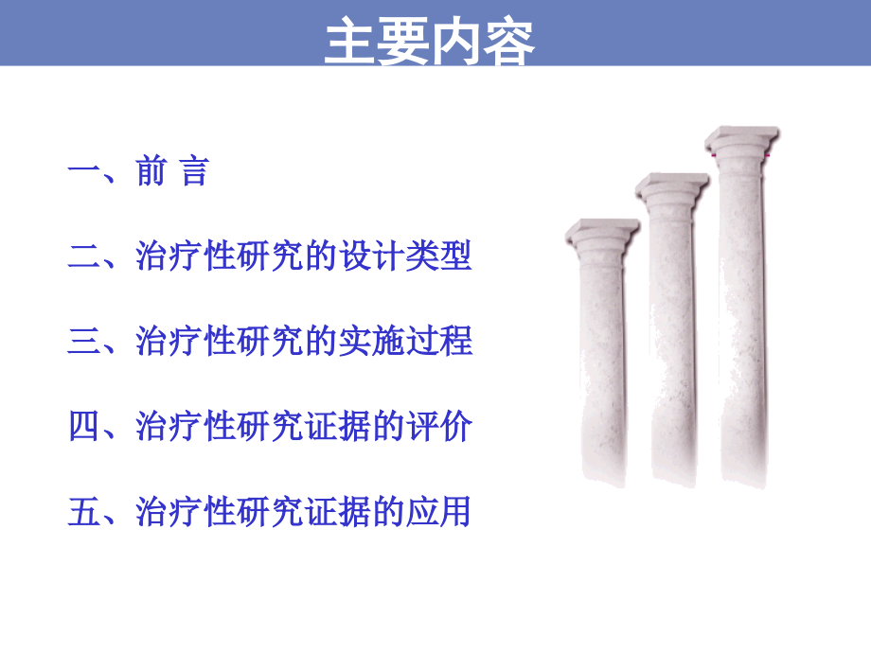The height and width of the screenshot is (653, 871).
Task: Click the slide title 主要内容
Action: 430,42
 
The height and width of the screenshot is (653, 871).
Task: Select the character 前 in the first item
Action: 151,172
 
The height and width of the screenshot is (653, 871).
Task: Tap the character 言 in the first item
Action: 193,172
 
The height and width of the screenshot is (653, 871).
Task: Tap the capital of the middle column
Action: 672,187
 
